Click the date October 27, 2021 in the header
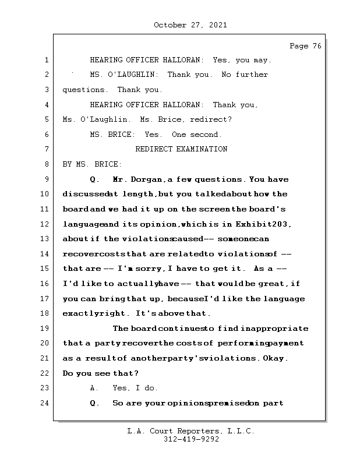click(190, 25)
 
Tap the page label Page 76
click(305, 46)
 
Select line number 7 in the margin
click(45, 149)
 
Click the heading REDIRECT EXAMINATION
click(181, 149)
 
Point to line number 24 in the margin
click(45, 403)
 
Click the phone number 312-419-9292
click(190, 440)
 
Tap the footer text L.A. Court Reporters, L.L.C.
click(190, 431)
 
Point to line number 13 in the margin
click(45, 239)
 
